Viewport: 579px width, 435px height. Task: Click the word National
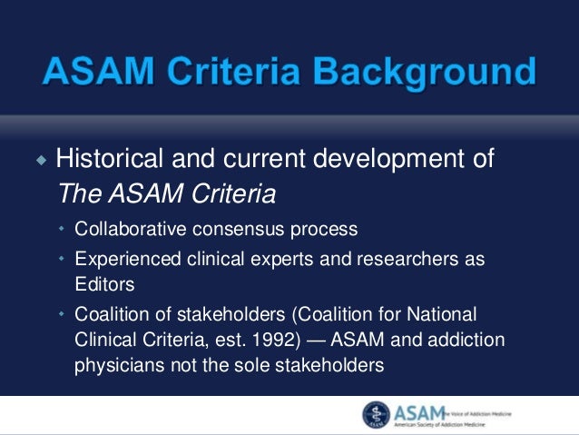[443, 314]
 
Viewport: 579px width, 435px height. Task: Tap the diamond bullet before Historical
[40, 161]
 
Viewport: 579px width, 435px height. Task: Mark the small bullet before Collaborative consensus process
[62, 229]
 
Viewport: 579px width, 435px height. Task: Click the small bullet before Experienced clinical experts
[62, 260]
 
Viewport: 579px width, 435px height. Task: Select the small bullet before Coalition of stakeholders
[62, 315]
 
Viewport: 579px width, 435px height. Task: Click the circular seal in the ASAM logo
[377, 414]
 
